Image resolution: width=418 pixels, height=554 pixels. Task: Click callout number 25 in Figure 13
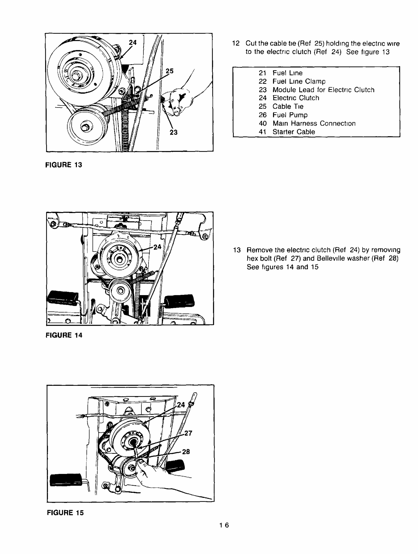(169, 71)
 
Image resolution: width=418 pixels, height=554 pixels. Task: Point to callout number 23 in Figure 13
(173, 132)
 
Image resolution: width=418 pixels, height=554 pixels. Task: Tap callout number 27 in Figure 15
(188, 433)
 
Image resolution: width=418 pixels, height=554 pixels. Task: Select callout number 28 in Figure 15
(186, 452)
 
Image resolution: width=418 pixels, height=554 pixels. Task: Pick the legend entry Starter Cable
(293, 132)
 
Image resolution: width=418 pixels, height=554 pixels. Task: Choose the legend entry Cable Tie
(288, 106)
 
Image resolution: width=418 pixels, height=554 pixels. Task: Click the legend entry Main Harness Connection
(314, 123)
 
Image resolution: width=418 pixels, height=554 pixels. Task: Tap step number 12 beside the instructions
(236, 43)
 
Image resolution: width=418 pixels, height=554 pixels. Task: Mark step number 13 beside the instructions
(237, 250)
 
